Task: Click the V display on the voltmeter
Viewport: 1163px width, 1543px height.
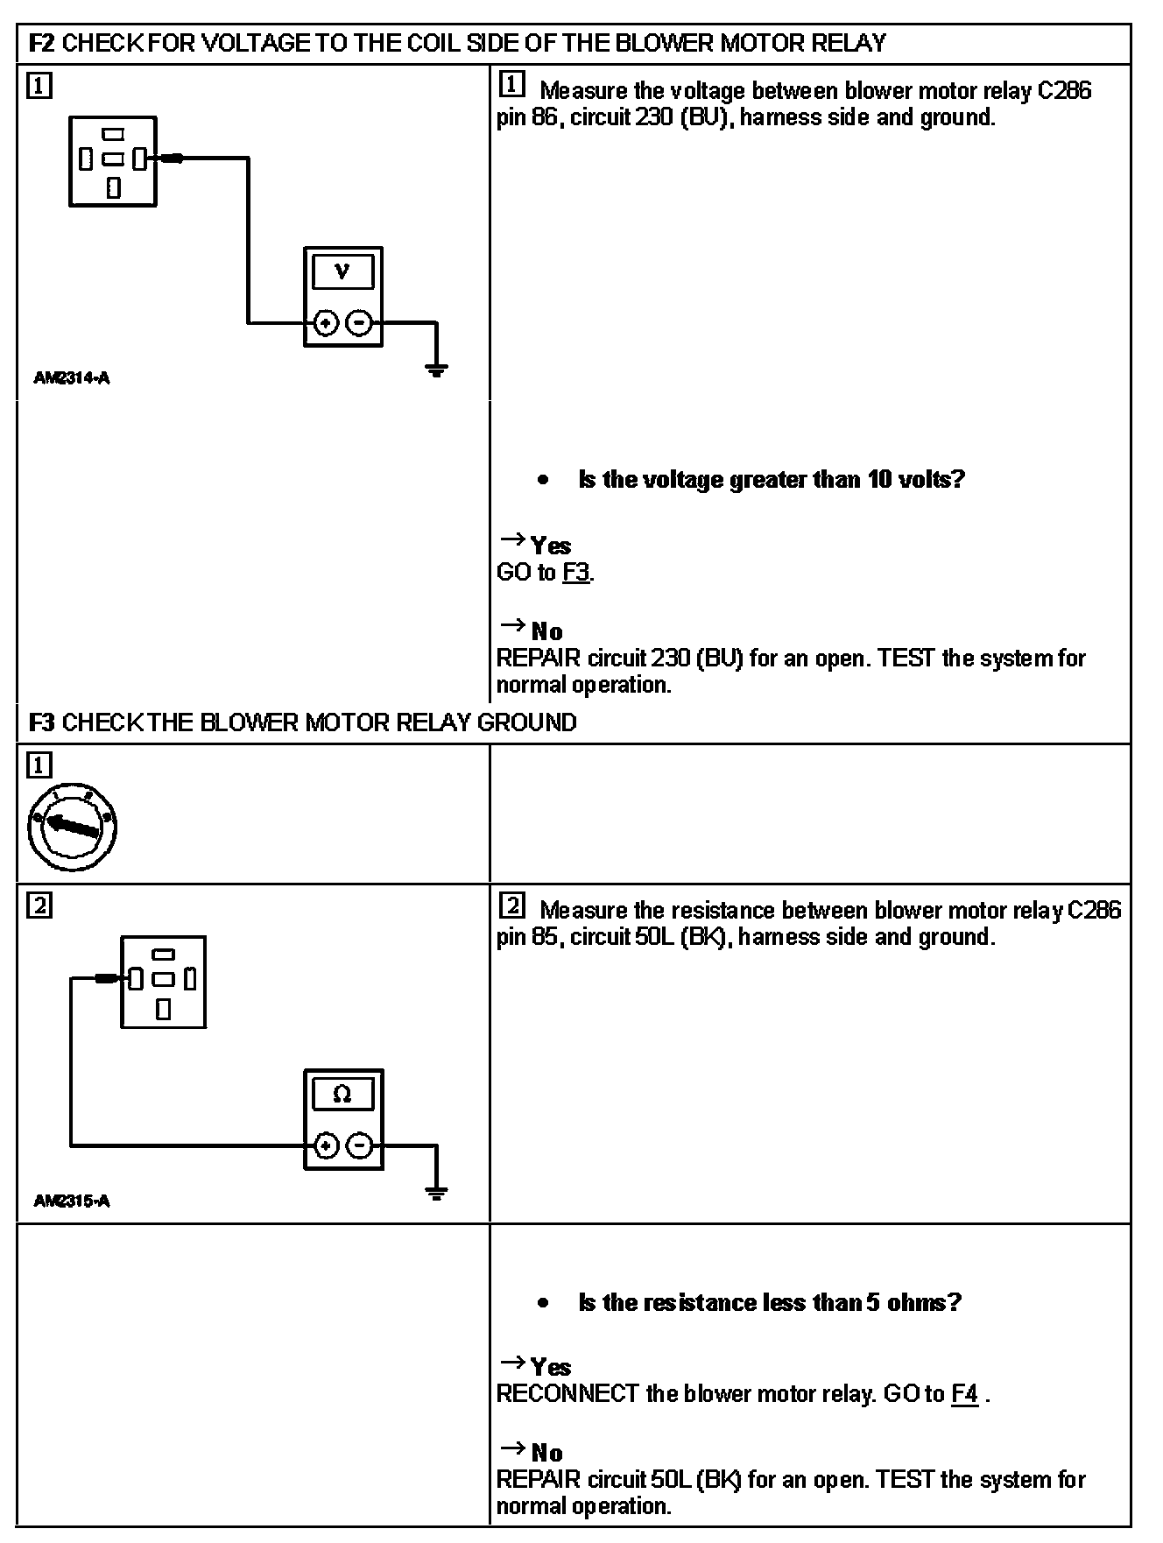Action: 342,271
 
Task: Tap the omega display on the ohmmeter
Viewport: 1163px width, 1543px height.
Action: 342,1094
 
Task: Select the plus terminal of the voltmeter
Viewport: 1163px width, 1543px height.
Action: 326,323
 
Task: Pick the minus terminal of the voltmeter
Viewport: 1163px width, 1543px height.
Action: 359,323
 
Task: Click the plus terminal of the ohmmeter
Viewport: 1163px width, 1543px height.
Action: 326,1145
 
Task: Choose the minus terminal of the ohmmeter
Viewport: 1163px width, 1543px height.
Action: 359,1145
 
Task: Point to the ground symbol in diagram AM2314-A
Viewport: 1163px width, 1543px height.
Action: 436,370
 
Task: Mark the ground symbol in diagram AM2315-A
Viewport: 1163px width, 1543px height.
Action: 436,1192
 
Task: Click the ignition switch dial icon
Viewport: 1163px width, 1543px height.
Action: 72,827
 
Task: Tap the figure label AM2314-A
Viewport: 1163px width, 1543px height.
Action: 72,378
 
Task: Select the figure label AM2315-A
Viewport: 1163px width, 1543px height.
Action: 72,1201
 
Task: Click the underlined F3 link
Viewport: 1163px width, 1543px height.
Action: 576,573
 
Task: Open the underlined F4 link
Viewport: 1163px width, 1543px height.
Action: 964,1394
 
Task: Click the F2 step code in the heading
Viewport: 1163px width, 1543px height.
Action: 42,43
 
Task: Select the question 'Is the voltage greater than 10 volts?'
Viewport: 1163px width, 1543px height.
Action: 771,480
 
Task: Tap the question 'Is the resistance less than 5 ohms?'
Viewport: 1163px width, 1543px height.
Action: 770,1302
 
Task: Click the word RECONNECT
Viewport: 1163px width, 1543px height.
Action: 567,1394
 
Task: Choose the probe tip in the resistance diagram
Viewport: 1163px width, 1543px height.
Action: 107,978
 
